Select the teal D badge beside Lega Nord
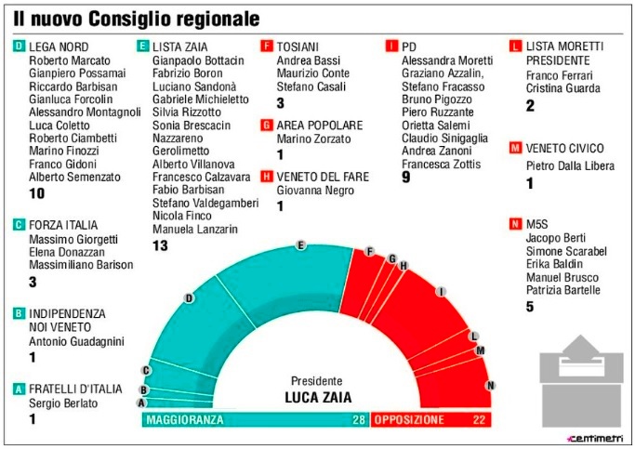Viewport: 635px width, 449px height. tap(19, 46)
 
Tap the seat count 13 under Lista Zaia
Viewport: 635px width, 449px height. tap(160, 245)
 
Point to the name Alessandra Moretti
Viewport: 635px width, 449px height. tap(446, 60)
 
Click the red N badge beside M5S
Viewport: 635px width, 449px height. tap(514, 224)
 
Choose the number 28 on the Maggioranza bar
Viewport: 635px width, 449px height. tap(356, 420)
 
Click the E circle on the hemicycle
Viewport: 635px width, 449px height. tap(300, 245)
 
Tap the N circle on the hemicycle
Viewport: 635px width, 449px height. tap(491, 386)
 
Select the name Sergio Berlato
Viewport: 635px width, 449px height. tap(63, 403)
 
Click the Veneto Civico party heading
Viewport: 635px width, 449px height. tap(564, 148)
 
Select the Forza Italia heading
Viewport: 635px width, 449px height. tap(63, 224)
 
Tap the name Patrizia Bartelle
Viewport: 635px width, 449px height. tap(563, 290)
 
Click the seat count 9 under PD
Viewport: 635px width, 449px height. tap(406, 178)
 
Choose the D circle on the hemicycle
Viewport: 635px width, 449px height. tap(189, 298)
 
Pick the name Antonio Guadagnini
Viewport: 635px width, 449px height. tap(76, 342)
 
